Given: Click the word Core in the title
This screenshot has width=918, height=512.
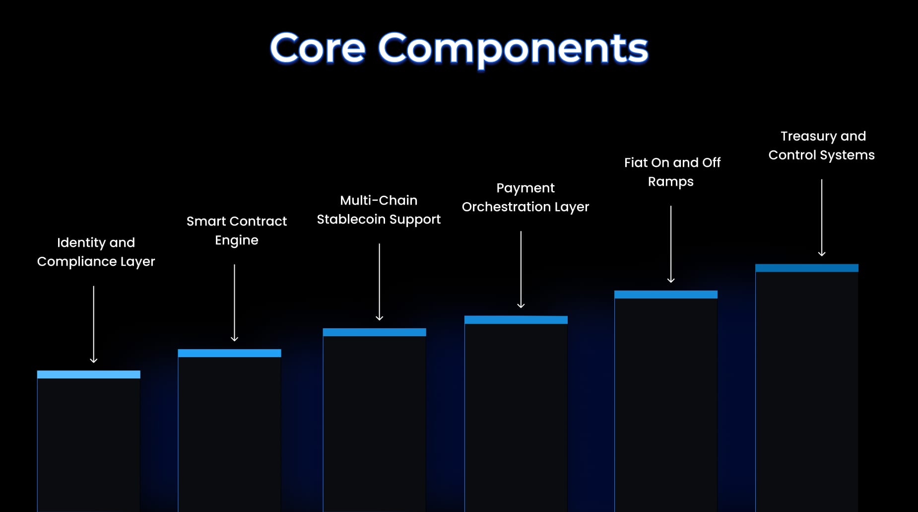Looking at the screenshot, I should tap(318, 49).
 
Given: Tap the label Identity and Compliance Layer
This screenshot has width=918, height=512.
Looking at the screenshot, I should tap(96, 252).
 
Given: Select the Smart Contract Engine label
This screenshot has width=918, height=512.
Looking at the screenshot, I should tap(237, 230).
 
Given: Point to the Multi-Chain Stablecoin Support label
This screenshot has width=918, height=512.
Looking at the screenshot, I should tap(379, 210).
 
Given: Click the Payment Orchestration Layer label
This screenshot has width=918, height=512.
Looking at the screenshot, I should tap(525, 197).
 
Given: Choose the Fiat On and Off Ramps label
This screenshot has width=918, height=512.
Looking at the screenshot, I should tap(672, 172).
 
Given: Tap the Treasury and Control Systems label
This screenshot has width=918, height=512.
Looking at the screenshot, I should tap(822, 146).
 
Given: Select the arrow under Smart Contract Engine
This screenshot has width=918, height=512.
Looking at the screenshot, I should tap(234, 303).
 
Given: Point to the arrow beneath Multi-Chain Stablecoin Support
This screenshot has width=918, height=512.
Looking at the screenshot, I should tap(379, 282).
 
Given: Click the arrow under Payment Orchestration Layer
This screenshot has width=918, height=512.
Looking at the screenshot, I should tap(521, 269).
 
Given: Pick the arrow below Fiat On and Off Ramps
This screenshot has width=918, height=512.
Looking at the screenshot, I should tap(670, 244).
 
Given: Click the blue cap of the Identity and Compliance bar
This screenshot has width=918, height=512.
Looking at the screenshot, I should tap(89, 374).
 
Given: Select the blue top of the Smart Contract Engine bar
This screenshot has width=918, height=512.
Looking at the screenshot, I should tap(229, 353).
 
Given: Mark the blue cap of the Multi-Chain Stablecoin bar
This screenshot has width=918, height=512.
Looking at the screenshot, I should tap(375, 332).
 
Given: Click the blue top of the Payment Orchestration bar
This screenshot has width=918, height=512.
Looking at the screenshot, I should tap(516, 320).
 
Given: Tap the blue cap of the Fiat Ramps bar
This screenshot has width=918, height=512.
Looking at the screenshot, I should tap(666, 294).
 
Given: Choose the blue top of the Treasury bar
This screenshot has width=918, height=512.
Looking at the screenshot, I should tap(807, 268).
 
